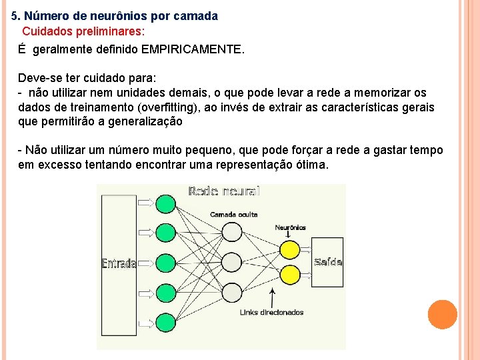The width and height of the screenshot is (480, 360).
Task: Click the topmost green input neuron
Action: click(x=165, y=203)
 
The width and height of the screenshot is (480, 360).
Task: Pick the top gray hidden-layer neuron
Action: click(x=231, y=232)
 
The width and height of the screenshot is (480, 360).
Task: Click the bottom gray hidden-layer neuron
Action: click(x=231, y=293)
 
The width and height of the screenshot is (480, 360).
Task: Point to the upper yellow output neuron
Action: click(x=289, y=249)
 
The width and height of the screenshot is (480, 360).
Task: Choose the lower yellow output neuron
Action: click(x=289, y=273)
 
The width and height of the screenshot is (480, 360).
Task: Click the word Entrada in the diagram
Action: click(x=119, y=263)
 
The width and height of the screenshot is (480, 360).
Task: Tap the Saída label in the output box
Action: click(x=328, y=262)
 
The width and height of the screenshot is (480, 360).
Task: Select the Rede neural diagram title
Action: click(x=224, y=191)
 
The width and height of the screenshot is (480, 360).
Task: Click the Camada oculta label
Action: click(x=233, y=214)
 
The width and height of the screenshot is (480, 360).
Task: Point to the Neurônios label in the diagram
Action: click(x=290, y=227)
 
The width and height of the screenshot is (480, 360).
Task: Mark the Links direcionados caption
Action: click(x=271, y=312)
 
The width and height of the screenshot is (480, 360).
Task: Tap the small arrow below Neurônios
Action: click(x=287, y=235)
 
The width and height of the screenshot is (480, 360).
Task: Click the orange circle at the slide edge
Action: click(x=442, y=315)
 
